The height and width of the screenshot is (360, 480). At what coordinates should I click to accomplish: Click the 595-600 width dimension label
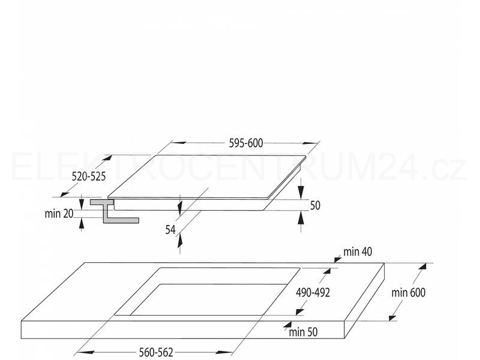[x=246, y=143]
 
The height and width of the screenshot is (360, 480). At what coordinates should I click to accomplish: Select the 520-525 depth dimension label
[x=88, y=176]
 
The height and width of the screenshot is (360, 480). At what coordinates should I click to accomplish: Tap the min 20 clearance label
[x=59, y=214]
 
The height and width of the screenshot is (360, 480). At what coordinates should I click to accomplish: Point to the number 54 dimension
[x=170, y=230]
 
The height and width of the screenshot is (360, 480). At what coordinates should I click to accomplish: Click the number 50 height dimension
[x=315, y=205]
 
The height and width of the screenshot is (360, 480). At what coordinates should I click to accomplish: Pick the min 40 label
[x=358, y=251]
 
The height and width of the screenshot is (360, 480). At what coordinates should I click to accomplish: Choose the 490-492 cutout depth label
[x=313, y=293]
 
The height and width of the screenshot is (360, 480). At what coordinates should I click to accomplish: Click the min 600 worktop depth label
[x=409, y=293]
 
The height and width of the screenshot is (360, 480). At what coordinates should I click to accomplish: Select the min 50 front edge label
[x=303, y=332]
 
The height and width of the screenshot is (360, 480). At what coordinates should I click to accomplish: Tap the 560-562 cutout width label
[x=156, y=352]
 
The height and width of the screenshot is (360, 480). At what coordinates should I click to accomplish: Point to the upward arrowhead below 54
[x=179, y=239]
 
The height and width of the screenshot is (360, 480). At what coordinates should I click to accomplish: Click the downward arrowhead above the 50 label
[x=301, y=191]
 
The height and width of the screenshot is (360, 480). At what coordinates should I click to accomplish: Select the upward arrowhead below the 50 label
[x=301, y=218]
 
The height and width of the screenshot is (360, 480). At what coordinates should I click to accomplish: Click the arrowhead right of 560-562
[x=224, y=352]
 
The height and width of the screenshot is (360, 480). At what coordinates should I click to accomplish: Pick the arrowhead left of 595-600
[x=179, y=143]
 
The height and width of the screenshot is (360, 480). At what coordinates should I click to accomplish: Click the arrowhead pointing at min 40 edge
[x=338, y=260]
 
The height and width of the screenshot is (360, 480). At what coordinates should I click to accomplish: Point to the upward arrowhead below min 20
[x=82, y=224]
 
